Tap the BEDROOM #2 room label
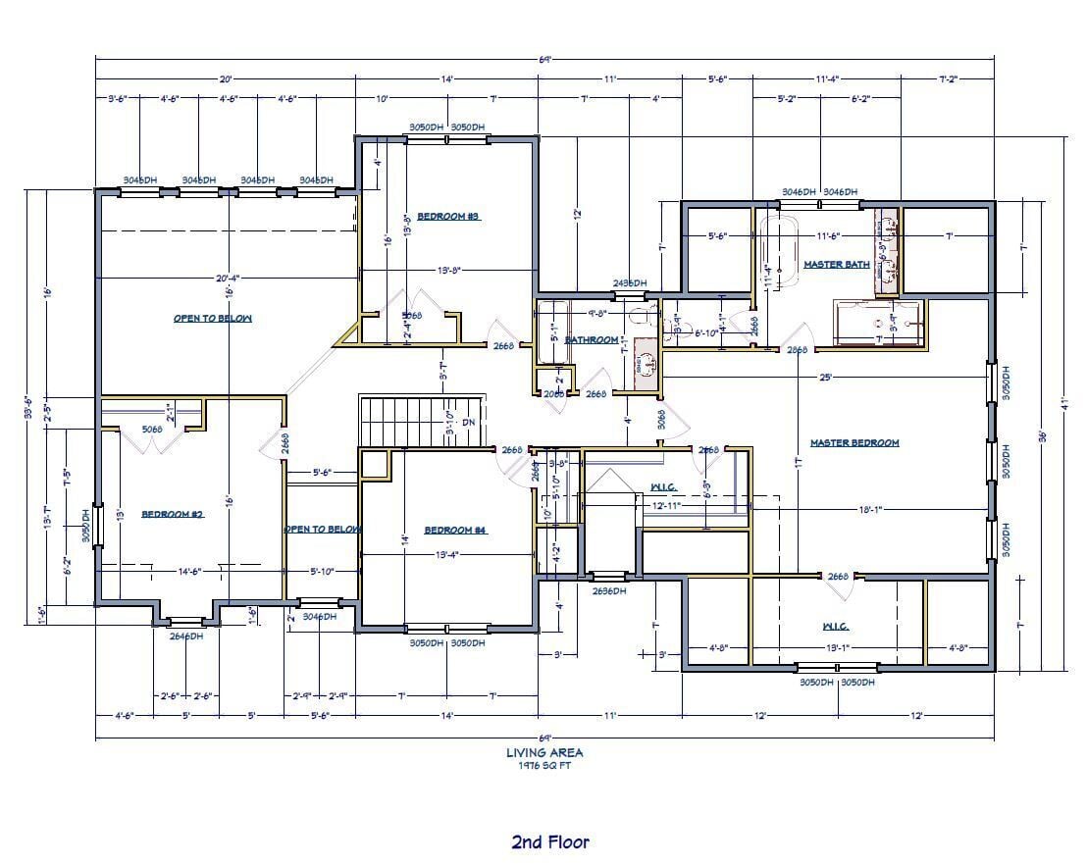(x=172, y=514)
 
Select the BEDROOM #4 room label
(x=455, y=531)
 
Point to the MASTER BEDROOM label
(x=853, y=443)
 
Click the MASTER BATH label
(x=836, y=265)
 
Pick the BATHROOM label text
(x=592, y=340)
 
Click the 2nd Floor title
(x=549, y=841)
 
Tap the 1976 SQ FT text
(x=544, y=766)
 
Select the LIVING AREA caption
(x=544, y=753)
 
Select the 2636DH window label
(x=612, y=591)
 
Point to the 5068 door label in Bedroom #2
(x=150, y=429)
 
